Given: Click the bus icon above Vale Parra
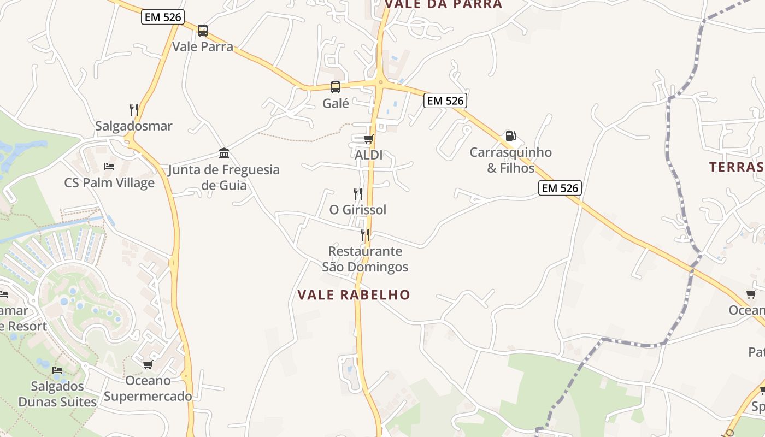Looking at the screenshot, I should [x=203, y=31].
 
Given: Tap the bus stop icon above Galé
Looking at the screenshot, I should [x=336, y=87].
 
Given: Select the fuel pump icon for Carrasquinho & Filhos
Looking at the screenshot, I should [x=510, y=136].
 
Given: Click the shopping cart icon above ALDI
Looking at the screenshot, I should [x=369, y=139].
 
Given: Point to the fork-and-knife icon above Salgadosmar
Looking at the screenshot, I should [x=134, y=110].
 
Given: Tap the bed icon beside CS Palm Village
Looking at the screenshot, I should [x=109, y=167].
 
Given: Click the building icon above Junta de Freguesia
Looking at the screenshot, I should [x=224, y=153].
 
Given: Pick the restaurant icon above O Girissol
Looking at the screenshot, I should [x=358, y=193].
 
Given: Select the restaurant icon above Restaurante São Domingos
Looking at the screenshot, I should [x=365, y=235].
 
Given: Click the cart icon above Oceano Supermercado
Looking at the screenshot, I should [x=148, y=364].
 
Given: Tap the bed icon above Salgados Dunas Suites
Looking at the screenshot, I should [x=57, y=370].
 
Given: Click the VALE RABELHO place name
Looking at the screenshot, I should [x=354, y=295].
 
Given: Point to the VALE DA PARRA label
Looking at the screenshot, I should [x=443, y=4].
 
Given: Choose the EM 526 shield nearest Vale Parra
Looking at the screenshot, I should [x=163, y=17].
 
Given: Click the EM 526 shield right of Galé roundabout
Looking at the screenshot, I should [x=445, y=101].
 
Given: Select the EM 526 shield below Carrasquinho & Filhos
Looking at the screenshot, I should [x=560, y=188].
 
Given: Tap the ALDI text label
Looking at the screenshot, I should [x=369, y=155].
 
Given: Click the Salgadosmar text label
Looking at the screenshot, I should [x=134, y=126].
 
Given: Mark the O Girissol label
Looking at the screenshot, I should [x=358, y=210].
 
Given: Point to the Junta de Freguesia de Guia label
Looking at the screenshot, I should [x=224, y=178].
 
